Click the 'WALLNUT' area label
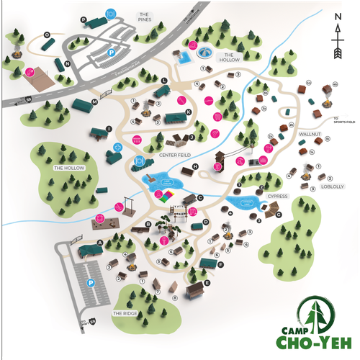coord(310,133)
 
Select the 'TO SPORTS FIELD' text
coord(343,120)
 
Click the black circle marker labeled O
coord(46,34)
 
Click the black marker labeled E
coord(207,282)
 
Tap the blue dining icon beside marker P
coord(109,13)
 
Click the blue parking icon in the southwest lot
coord(91,284)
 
